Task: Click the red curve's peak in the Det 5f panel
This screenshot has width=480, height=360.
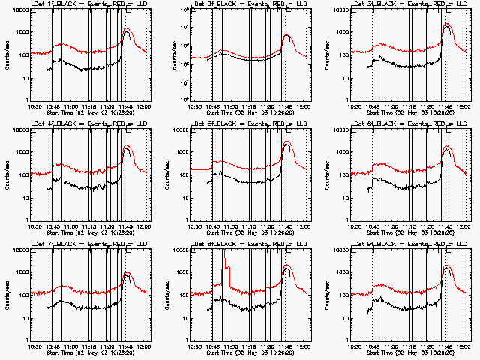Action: [287, 141]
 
